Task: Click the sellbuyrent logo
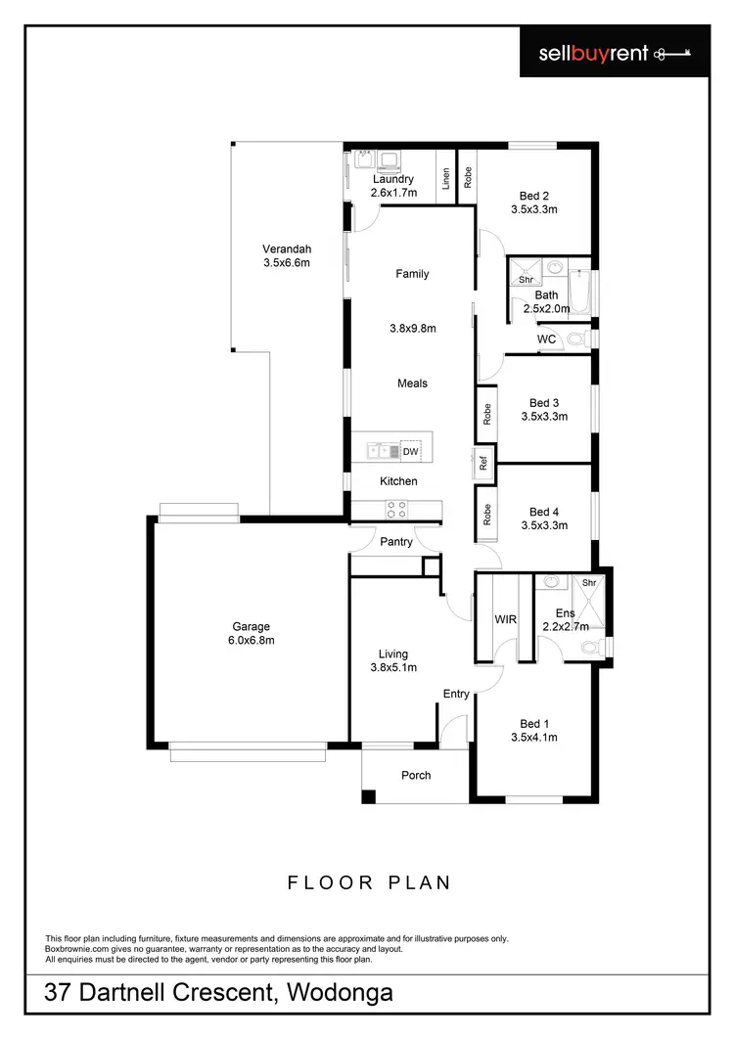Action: (x=616, y=53)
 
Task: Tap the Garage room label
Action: (x=251, y=627)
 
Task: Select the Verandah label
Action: (x=287, y=248)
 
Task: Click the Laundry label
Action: (x=393, y=179)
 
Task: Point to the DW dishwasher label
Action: (x=410, y=452)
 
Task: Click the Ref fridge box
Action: (x=482, y=463)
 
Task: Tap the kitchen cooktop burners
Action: (x=396, y=509)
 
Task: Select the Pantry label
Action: (x=396, y=541)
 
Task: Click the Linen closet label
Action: (x=446, y=179)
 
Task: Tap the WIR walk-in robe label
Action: (x=506, y=619)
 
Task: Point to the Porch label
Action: (x=416, y=776)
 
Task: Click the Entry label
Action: (x=456, y=694)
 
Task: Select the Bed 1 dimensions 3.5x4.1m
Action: (x=533, y=738)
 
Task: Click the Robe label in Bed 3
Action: (x=486, y=415)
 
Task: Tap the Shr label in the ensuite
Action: (x=589, y=584)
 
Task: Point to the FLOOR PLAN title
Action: (x=369, y=882)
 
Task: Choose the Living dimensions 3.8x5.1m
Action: (x=393, y=668)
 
